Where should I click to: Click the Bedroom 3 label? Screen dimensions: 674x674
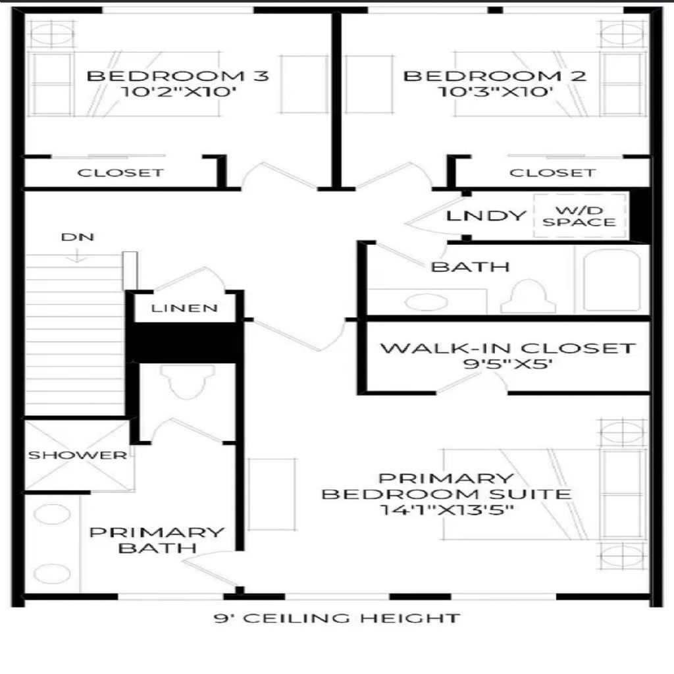pyautogui.click(x=178, y=76)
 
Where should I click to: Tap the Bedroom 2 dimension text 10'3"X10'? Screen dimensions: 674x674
pyautogui.click(x=495, y=91)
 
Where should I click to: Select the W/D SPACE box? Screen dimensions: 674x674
pyautogui.click(x=579, y=216)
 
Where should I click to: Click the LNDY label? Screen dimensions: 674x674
pyautogui.click(x=486, y=215)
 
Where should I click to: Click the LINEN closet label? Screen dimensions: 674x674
pyautogui.click(x=184, y=308)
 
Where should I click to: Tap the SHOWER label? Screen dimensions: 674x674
pyautogui.click(x=78, y=455)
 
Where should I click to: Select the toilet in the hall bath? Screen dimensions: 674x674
pyautogui.click(x=529, y=297)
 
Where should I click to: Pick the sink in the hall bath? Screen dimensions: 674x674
pyautogui.click(x=427, y=301)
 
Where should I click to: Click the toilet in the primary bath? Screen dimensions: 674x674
pyautogui.click(x=188, y=381)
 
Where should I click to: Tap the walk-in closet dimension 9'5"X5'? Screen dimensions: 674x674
pyautogui.click(x=507, y=363)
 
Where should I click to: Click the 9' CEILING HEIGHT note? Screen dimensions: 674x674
pyautogui.click(x=337, y=618)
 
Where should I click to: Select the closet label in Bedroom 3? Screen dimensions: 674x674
pyautogui.click(x=121, y=173)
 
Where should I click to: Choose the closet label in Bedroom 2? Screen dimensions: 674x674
pyautogui.click(x=553, y=173)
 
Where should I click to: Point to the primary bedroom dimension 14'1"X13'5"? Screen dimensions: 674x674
pyautogui.click(x=447, y=510)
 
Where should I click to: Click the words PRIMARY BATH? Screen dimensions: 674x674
pyautogui.click(x=157, y=540)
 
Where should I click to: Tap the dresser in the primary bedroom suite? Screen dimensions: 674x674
pyautogui.click(x=271, y=494)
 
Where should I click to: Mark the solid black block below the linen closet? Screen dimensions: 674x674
pyautogui.click(x=184, y=342)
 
